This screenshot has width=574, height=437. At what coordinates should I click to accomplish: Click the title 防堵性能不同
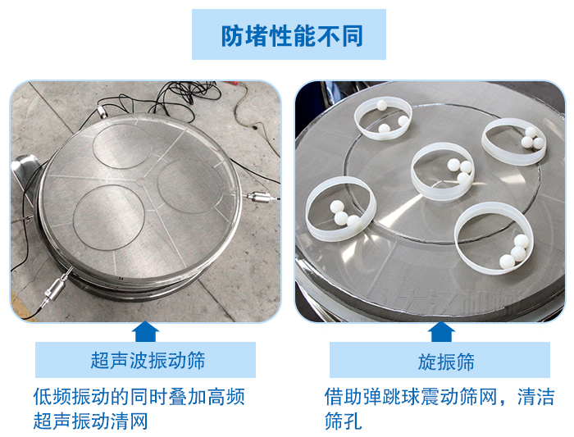point(292,35)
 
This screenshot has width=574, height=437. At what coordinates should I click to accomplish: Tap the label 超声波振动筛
point(148,360)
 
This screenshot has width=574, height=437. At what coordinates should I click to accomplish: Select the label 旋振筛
point(446,362)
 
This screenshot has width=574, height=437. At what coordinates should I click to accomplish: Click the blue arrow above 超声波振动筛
point(145,331)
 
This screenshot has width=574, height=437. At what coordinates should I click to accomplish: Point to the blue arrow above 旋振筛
point(441,331)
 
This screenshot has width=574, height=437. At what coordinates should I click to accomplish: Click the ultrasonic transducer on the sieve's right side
point(261,197)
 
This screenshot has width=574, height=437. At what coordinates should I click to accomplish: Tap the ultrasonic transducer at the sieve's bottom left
point(56,287)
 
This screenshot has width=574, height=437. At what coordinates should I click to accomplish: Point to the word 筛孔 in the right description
point(343,421)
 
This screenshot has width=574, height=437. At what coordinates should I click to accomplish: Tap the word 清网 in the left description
point(129,421)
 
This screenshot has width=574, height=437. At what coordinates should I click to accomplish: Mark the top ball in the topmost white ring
point(382,105)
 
